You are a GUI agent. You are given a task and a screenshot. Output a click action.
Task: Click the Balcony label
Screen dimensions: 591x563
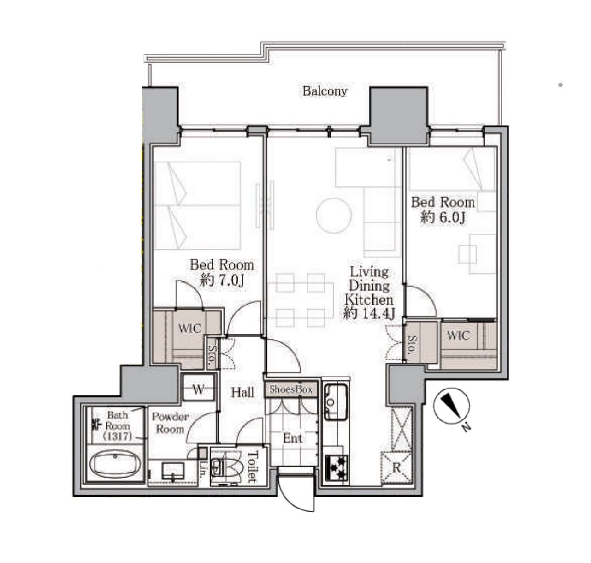325,91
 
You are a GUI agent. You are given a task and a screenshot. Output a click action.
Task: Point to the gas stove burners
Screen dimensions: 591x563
337,467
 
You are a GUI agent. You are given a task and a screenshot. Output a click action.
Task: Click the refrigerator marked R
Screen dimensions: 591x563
396,467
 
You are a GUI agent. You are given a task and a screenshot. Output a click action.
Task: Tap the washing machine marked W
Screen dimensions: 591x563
198,390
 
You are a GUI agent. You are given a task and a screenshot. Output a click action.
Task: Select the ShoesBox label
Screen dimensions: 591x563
291,389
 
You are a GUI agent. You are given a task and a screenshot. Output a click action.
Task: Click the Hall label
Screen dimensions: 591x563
242,392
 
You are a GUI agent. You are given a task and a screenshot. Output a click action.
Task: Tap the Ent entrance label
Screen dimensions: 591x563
292,438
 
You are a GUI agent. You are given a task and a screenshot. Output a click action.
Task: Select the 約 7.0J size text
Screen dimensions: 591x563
222,281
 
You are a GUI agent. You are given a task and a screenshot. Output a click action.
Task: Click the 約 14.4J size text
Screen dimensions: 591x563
368,314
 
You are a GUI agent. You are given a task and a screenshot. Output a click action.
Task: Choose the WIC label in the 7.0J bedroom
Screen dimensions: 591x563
189,328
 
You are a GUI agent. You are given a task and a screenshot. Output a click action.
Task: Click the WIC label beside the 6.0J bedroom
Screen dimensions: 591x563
458,335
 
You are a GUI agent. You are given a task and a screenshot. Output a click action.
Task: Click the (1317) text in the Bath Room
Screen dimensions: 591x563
117,437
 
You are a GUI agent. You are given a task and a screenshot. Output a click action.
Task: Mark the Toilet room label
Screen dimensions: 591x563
253,467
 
